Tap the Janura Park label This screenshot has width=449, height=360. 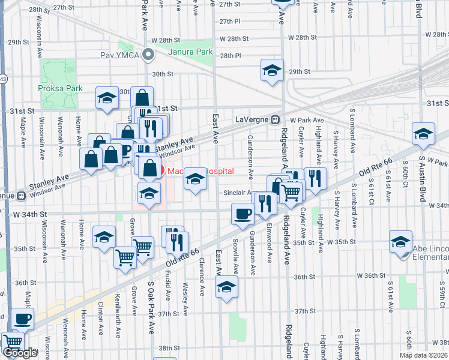(190, 52)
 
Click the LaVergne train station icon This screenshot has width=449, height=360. (275, 119)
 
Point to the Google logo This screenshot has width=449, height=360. (20, 353)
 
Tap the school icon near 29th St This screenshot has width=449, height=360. (272, 70)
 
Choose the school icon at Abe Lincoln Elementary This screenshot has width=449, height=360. (400, 241)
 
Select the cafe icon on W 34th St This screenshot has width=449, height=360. (243, 214)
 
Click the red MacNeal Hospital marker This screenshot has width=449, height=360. (160, 170)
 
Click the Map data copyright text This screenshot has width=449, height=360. (424, 355)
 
